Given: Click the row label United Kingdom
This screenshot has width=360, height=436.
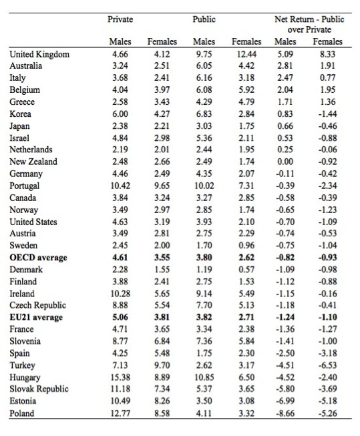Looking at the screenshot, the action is point(39,54).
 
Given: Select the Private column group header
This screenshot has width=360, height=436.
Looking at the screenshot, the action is point(120,19).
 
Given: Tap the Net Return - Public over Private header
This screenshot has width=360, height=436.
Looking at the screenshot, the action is point(309,24).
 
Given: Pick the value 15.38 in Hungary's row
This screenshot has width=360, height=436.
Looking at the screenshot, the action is point(120,377).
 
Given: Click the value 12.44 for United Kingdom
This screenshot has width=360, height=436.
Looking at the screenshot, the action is point(246,54).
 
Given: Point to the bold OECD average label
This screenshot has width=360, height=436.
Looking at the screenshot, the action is point(38,258).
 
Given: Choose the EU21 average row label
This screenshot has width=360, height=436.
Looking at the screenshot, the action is point(36,317).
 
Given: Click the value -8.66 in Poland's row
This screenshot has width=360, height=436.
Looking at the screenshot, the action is point(285,413).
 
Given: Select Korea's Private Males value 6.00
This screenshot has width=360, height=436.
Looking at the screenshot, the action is point(120,114).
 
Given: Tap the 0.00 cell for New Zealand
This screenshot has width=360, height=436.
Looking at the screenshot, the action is point(285,162).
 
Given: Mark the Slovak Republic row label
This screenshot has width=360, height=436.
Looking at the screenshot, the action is point(39,389).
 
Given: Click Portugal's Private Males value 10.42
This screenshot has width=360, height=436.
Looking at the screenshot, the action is point(120,186).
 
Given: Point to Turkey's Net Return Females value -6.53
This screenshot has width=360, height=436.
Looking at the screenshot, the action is point(328,365).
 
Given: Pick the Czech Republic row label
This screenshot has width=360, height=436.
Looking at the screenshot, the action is point(38,305).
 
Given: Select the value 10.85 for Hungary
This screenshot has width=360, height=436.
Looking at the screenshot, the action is point(204,377).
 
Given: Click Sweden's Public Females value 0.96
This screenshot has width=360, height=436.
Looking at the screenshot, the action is point(246,245).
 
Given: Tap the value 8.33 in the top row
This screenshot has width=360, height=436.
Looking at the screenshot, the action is point(328,54).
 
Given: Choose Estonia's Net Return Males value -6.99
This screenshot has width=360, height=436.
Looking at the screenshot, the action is point(285,401).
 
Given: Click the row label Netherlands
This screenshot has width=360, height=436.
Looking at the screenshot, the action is point(31,150).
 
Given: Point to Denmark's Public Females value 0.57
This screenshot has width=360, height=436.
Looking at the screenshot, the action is point(246,270).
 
